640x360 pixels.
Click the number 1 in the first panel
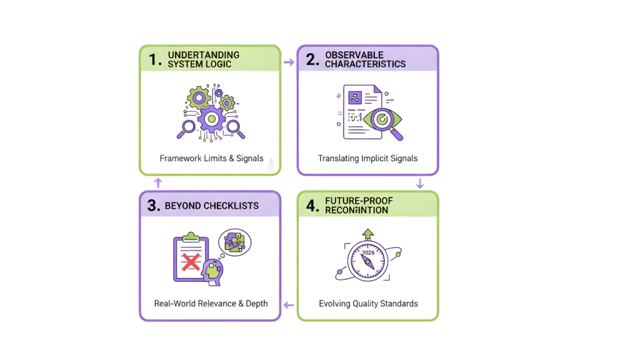[x=153, y=60]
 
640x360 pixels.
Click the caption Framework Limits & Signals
[x=211, y=158]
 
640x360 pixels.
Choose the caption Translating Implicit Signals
[x=367, y=158]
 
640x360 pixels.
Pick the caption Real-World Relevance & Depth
[x=211, y=304]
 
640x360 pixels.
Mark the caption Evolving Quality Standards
[x=368, y=304]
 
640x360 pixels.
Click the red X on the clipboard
[x=190, y=261]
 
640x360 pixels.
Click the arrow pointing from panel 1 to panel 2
[x=289, y=62]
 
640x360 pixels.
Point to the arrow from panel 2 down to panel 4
[x=420, y=184]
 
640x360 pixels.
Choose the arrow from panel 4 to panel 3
[x=288, y=305]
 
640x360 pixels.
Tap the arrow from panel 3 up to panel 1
[x=158, y=182]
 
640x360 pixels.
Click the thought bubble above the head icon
[x=234, y=241]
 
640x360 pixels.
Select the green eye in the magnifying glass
[x=379, y=118]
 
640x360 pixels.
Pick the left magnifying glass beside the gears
[x=187, y=128]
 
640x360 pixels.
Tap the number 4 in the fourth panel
[x=311, y=206]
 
